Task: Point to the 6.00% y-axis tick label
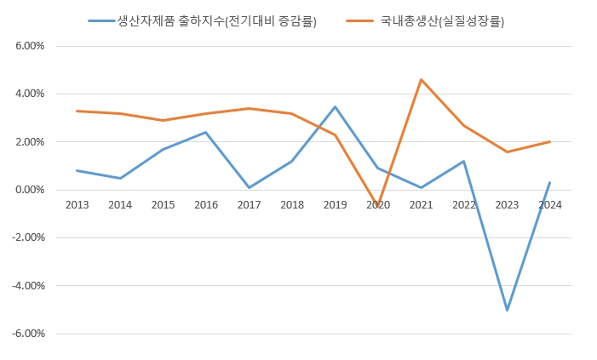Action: (29, 46)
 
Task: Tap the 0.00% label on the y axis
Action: (29, 190)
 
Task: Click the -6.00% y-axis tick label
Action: (27, 334)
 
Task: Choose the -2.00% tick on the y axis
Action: (27, 237)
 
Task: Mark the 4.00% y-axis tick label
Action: (29, 94)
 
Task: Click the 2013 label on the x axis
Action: (77, 204)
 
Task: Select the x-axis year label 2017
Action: (249, 204)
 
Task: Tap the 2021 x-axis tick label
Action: (421, 204)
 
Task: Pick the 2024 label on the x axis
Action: (549, 204)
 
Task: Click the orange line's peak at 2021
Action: (421, 79)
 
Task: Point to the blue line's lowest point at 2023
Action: (507, 310)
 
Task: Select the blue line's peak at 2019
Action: (335, 106)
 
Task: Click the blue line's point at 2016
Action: (205, 132)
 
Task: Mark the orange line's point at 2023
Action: (507, 151)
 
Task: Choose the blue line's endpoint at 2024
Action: (549, 182)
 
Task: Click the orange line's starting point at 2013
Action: (77, 111)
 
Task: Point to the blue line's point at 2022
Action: (463, 161)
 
